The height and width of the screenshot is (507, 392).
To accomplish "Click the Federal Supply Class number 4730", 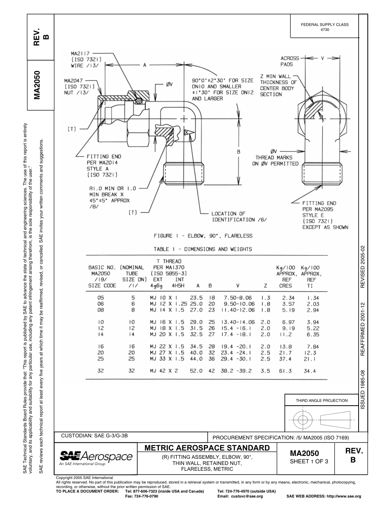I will pyautogui.click(x=325, y=30).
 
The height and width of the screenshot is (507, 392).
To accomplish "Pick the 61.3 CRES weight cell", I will pyautogui.click(x=284, y=371).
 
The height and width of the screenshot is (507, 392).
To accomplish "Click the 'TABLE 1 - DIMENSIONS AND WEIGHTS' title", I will pyautogui.click(x=203, y=249).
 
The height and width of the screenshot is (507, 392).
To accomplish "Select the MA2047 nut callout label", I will pyautogui.click(x=79, y=87).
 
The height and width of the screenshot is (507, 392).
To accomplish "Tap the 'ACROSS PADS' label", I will pyautogui.click(x=290, y=61).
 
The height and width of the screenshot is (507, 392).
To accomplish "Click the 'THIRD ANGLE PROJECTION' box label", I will pyautogui.click(x=321, y=400).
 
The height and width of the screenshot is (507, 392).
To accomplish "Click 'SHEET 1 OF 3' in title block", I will pyautogui.click(x=309, y=461).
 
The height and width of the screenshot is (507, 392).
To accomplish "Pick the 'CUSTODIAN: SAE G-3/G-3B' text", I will pyautogui.click(x=94, y=435).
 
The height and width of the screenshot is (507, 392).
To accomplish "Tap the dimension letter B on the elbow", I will pyautogui.click(x=239, y=152).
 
